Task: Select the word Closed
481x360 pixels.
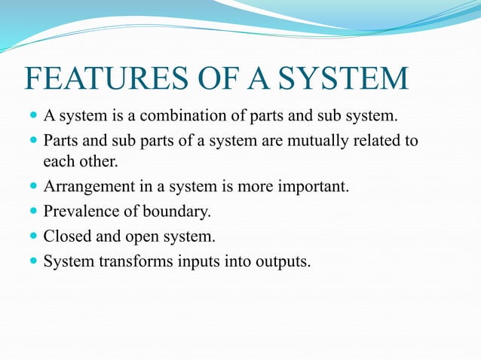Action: coord(66,236)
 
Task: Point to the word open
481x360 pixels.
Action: coord(142,237)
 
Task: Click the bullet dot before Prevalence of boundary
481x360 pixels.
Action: coord(32,212)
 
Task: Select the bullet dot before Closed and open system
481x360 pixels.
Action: coord(32,236)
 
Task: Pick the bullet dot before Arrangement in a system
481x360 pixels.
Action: coord(32,186)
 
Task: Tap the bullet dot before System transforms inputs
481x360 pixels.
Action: coord(32,261)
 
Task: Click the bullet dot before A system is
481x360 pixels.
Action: coord(32,117)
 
